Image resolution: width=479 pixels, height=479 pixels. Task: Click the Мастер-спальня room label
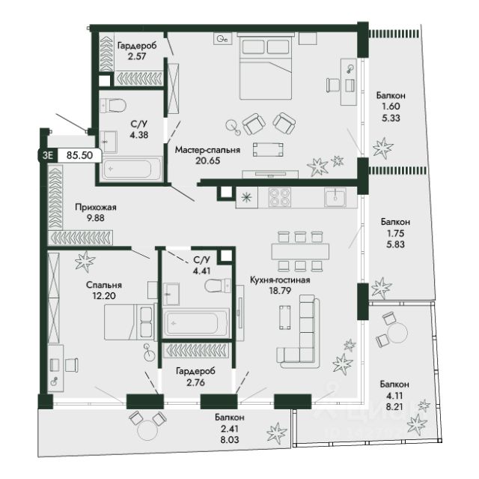tap(207, 150)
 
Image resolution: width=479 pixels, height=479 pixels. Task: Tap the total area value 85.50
tap(79, 155)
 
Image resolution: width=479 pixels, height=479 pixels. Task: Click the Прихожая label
tap(96, 207)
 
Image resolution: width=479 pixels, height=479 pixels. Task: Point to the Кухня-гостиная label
tap(280, 280)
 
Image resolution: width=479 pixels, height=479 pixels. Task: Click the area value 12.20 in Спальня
tap(104, 296)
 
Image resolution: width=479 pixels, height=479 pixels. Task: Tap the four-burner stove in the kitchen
tap(279, 197)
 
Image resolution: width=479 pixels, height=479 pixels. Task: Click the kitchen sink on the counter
tap(335, 197)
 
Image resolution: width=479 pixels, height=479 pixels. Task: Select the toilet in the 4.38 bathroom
tap(113, 106)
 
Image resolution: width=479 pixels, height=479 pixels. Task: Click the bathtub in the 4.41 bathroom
tap(196, 323)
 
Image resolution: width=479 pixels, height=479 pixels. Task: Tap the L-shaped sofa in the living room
tap(299, 332)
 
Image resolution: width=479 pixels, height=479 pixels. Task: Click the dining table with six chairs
tap(300, 251)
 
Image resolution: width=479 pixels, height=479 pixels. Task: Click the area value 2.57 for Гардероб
tap(137, 56)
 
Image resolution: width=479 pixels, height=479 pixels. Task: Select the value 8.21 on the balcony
tap(394, 406)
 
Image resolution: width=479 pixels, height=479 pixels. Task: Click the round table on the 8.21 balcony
tap(397, 332)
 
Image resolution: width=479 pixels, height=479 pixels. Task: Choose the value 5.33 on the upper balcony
tap(391, 118)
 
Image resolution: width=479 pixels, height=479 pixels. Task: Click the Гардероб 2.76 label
tap(195, 376)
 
